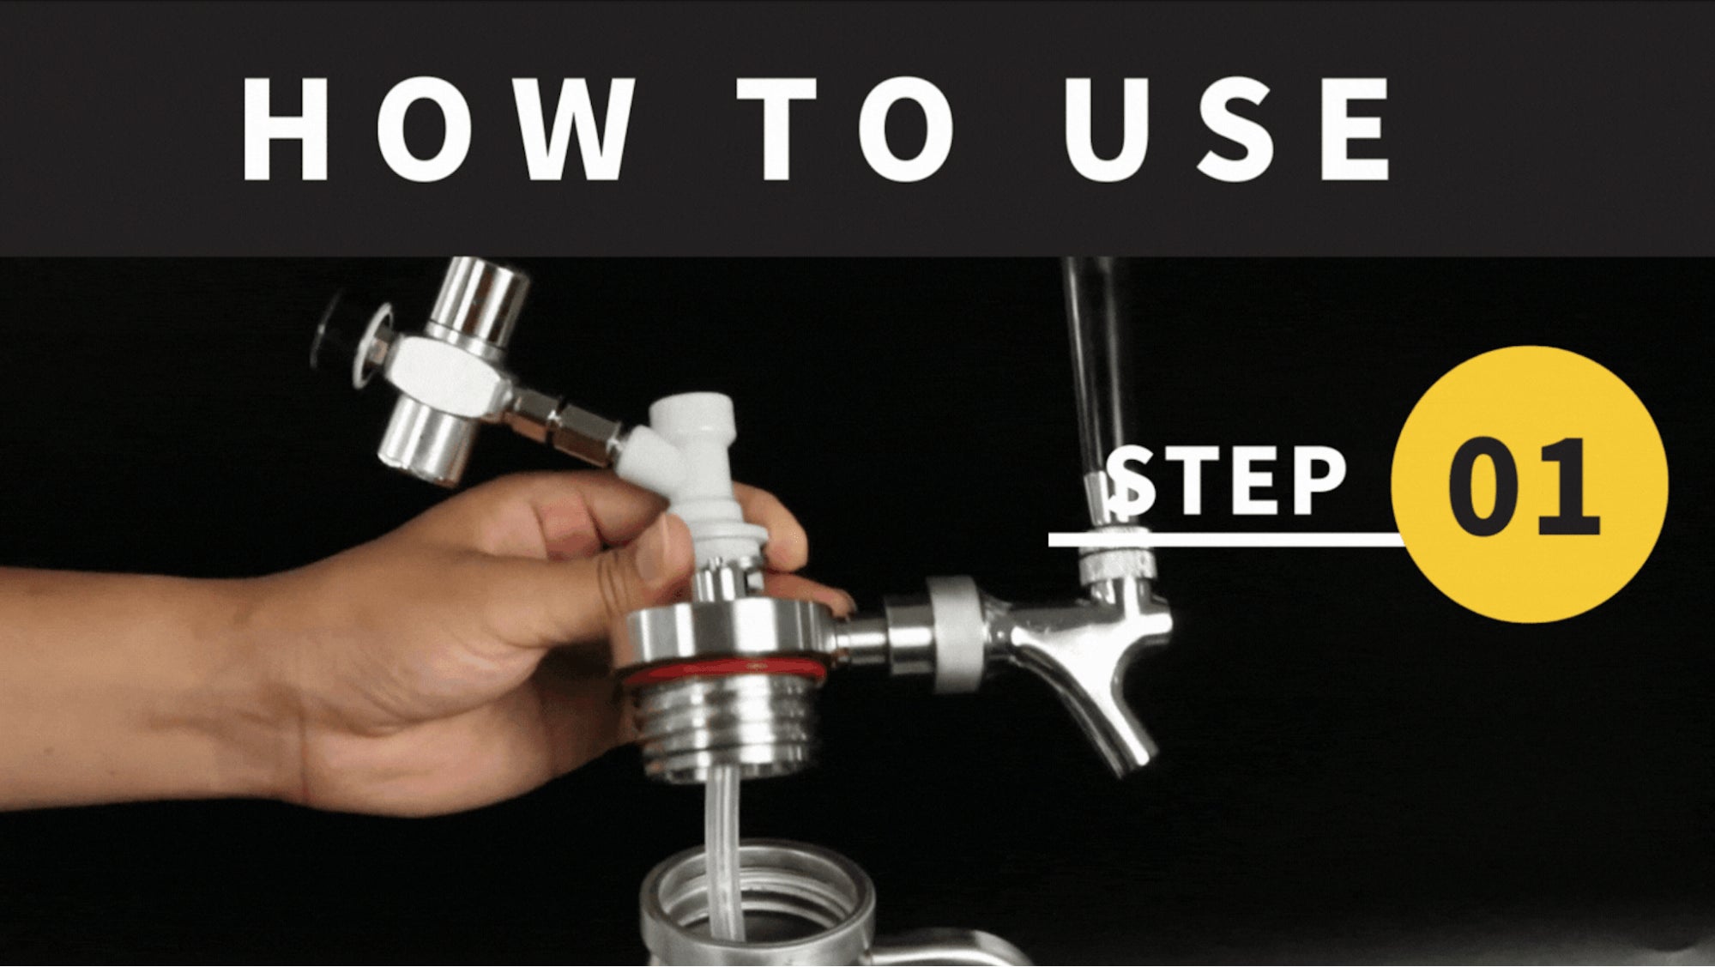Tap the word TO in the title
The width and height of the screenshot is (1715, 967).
point(845,129)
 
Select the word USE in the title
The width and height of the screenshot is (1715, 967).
point(1224,129)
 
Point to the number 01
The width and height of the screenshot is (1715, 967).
point(1524,487)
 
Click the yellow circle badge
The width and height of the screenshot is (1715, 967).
point(1529,484)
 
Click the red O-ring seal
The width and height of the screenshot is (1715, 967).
point(725,671)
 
